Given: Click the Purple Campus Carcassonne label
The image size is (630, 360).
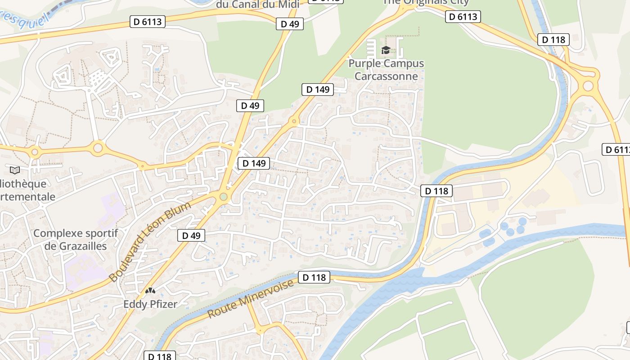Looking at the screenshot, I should click(386, 70).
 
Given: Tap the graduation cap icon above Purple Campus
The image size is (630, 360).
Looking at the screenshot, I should click(386, 50).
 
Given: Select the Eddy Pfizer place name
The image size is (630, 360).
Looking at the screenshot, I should click(150, 304).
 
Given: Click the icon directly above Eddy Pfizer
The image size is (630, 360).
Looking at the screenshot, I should click(150, 292).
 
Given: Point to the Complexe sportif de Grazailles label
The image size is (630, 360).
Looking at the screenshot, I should click(76, 239).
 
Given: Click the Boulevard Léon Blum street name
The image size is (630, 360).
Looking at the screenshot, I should click(150, 242).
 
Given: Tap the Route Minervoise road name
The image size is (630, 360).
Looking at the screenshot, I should click(252, 298).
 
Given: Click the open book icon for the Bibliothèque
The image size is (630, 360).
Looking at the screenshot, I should click(15, 170).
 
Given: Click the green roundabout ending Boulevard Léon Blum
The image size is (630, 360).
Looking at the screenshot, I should click(224, 197).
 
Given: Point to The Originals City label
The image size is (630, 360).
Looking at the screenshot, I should click(425, 2).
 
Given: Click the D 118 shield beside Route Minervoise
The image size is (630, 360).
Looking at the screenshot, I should click(314, 277).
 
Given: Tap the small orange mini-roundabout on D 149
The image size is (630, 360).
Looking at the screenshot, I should click(294, 121).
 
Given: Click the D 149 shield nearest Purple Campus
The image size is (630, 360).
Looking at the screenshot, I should click(318, 90).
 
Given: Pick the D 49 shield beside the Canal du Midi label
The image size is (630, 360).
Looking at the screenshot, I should click(290, 24).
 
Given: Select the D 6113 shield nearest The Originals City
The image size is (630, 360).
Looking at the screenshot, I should click(463, 17).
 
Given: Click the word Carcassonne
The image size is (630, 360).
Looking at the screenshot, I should click(386, 76).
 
